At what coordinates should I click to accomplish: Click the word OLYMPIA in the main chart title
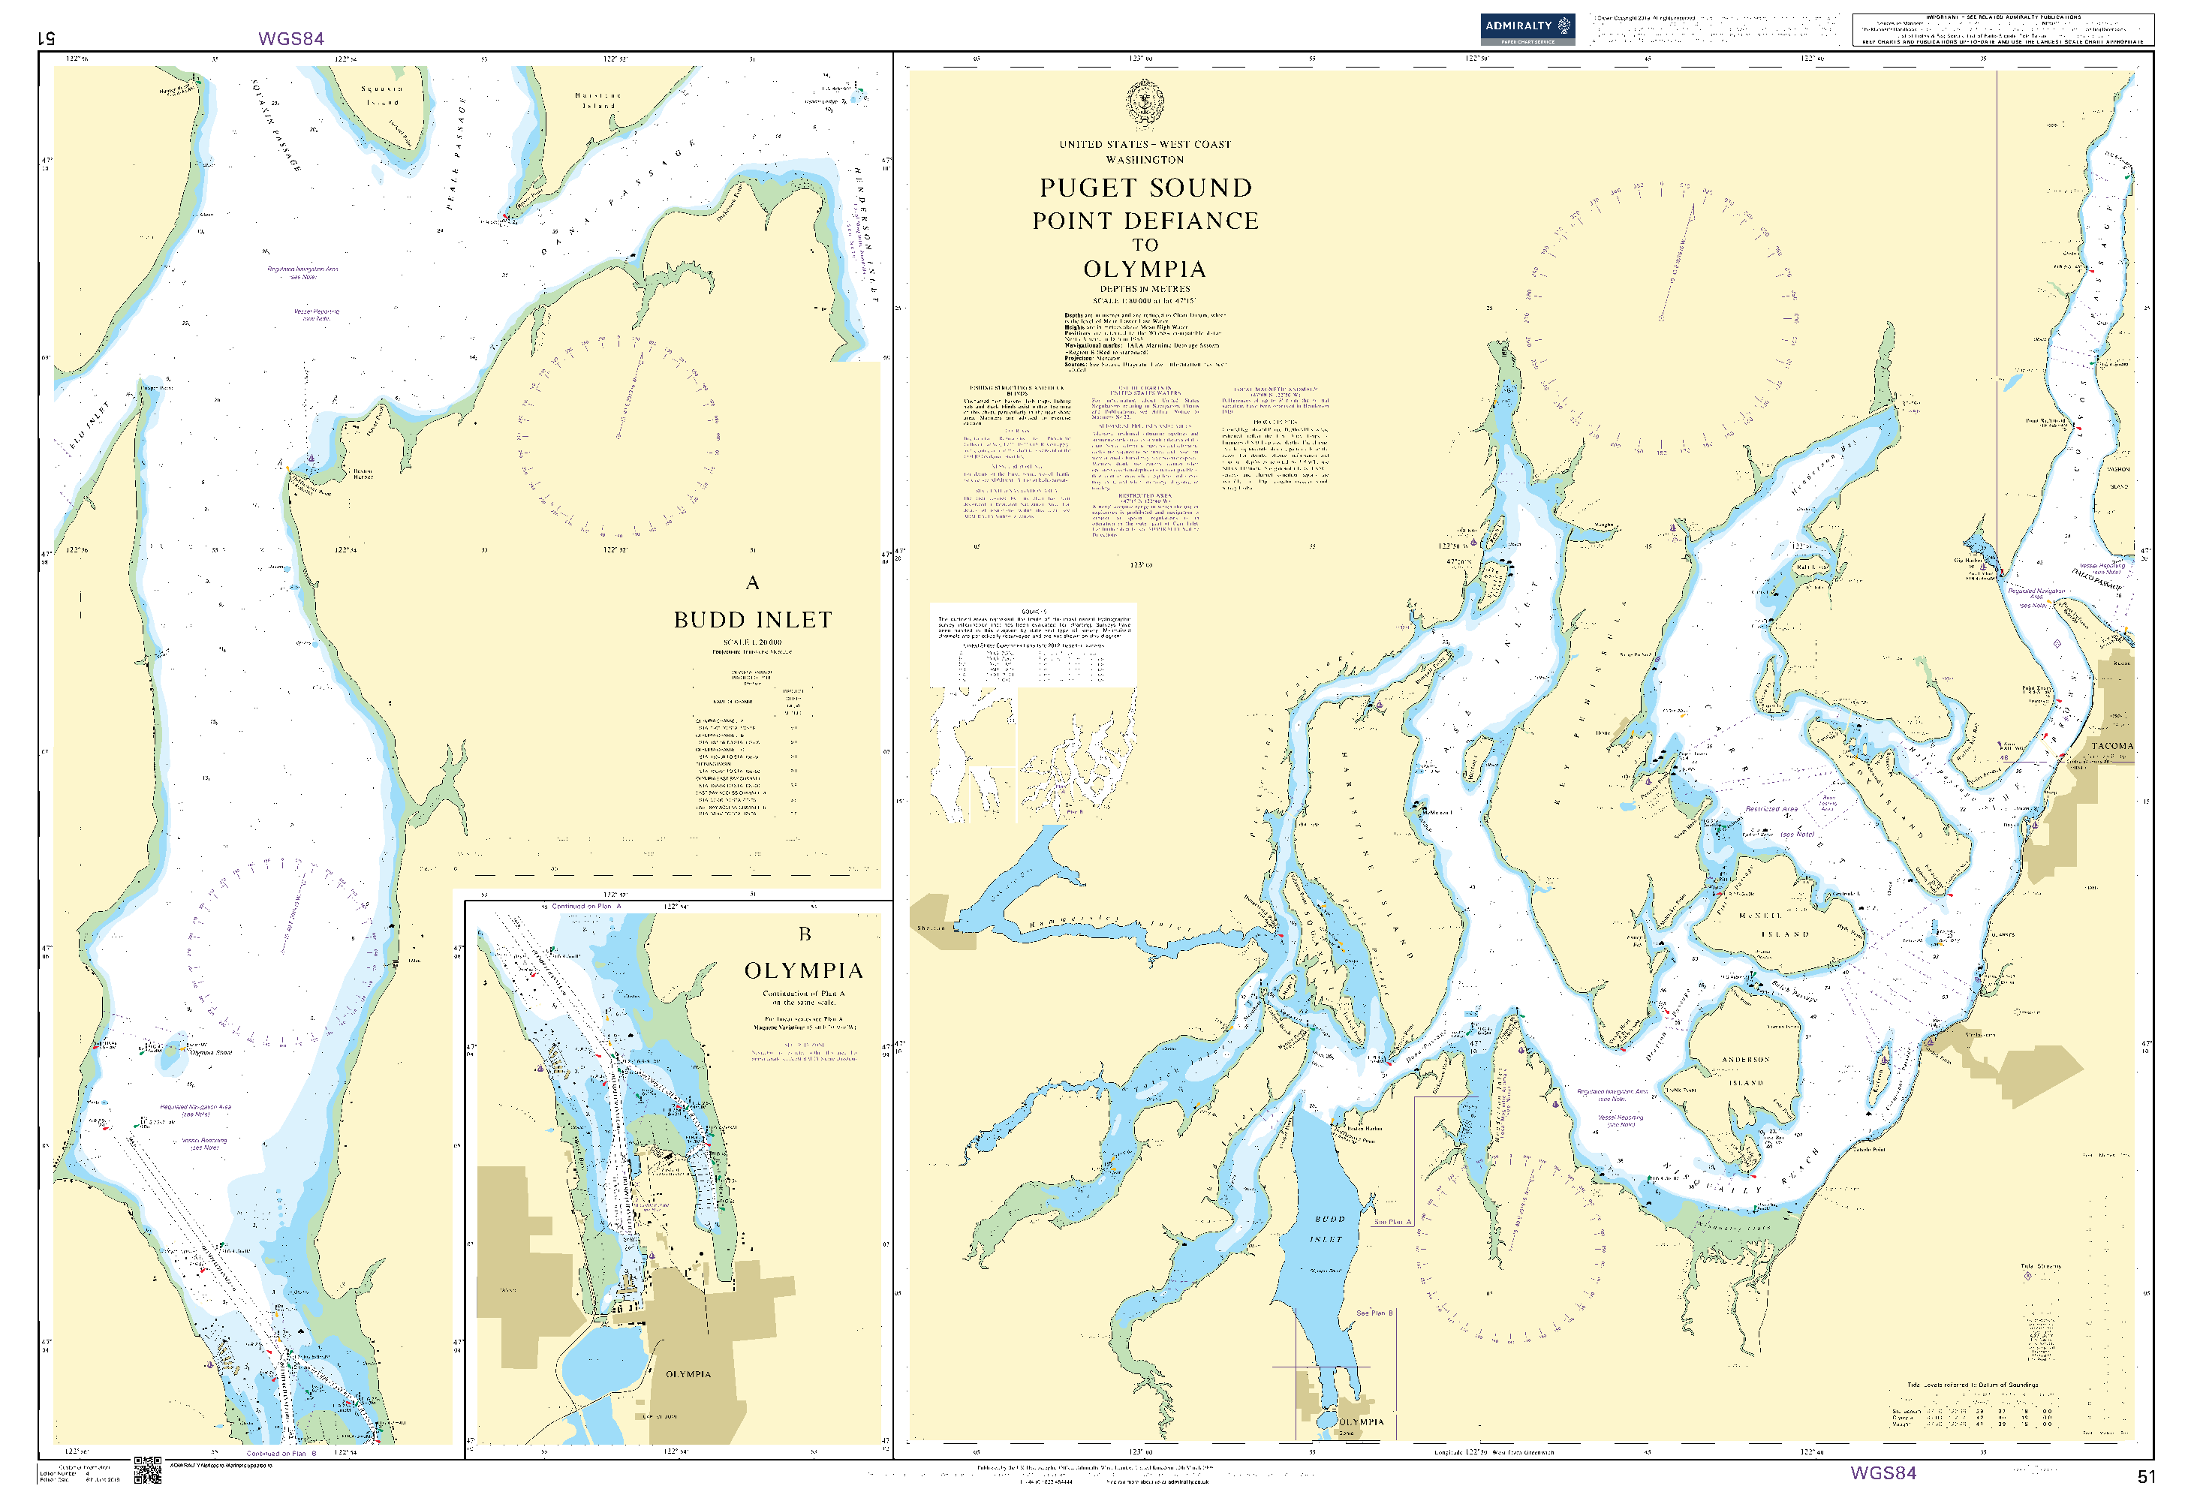coord(1145,269)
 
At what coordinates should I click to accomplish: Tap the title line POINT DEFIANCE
coord(1145,221)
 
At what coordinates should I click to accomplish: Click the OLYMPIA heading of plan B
coord(803,970)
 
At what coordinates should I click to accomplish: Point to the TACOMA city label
coord(2111,746)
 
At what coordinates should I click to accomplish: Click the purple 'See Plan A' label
coord(1392,1222)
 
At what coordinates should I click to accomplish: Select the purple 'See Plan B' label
coord(1374,1313)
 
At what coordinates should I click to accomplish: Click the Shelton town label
coord(931,928)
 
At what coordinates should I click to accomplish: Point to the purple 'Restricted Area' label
coord(1771,809)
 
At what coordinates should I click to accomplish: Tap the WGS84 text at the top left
coord(291,38)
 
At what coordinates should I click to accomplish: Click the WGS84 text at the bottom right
coord(1883,1473)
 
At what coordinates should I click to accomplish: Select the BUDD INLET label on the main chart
coord(1329,1229)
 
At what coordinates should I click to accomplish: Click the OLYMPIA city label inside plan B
coord(688,1375)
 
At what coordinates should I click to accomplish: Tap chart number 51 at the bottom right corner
coord(2146,1476)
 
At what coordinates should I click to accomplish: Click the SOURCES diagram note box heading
coord(1033,612)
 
